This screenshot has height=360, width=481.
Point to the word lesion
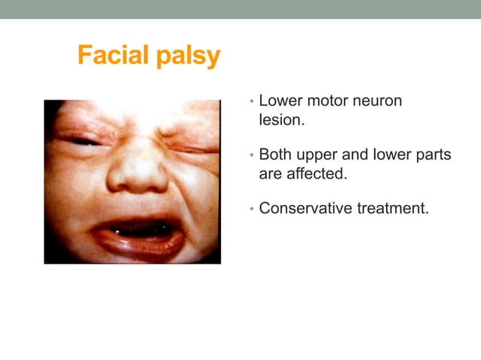point(280,119)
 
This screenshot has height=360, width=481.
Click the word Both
point(275,155)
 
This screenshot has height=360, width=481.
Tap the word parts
point(431,156)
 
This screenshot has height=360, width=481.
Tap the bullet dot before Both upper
point(252,156)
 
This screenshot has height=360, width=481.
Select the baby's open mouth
point(140,230)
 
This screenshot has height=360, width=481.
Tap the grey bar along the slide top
point(240,9)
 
